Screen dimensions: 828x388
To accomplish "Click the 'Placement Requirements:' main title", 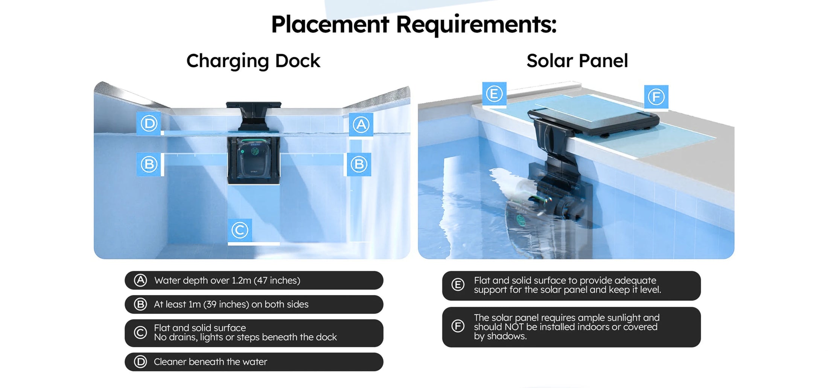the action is click(x=414, y=24).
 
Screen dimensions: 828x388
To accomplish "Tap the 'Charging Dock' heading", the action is click(x=253, y=61).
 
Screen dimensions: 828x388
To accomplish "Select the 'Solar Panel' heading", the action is click(x=577, y=61).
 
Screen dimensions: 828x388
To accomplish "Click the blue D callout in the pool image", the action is click(x=149, y=123).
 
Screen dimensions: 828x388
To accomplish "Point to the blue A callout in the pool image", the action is click(x=361, y=125).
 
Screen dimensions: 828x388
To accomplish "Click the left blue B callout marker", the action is click(x=149, y=164).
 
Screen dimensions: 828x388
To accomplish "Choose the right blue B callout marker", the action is click(x=359, y=164).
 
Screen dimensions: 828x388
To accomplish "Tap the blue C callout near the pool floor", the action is click(x=240, y=230).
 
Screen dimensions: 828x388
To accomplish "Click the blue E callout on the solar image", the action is click(x=494, y=94).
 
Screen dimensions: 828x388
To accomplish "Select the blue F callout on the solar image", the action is click(x=656, y=97).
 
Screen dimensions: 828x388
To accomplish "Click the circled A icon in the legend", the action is click(x=140, y=280).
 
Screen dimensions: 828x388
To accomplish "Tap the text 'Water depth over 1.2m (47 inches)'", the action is click(x=227, y=280).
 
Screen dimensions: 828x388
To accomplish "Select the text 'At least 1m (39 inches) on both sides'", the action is click(x=231, y=304).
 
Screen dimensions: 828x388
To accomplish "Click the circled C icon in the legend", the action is click(x=140, y=333).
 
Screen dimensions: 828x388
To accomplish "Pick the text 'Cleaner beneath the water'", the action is click(x=210, y=362).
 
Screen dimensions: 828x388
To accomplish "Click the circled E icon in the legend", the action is click(x=458, y=285).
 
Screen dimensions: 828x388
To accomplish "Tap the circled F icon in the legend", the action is click(x=458, y=326).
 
